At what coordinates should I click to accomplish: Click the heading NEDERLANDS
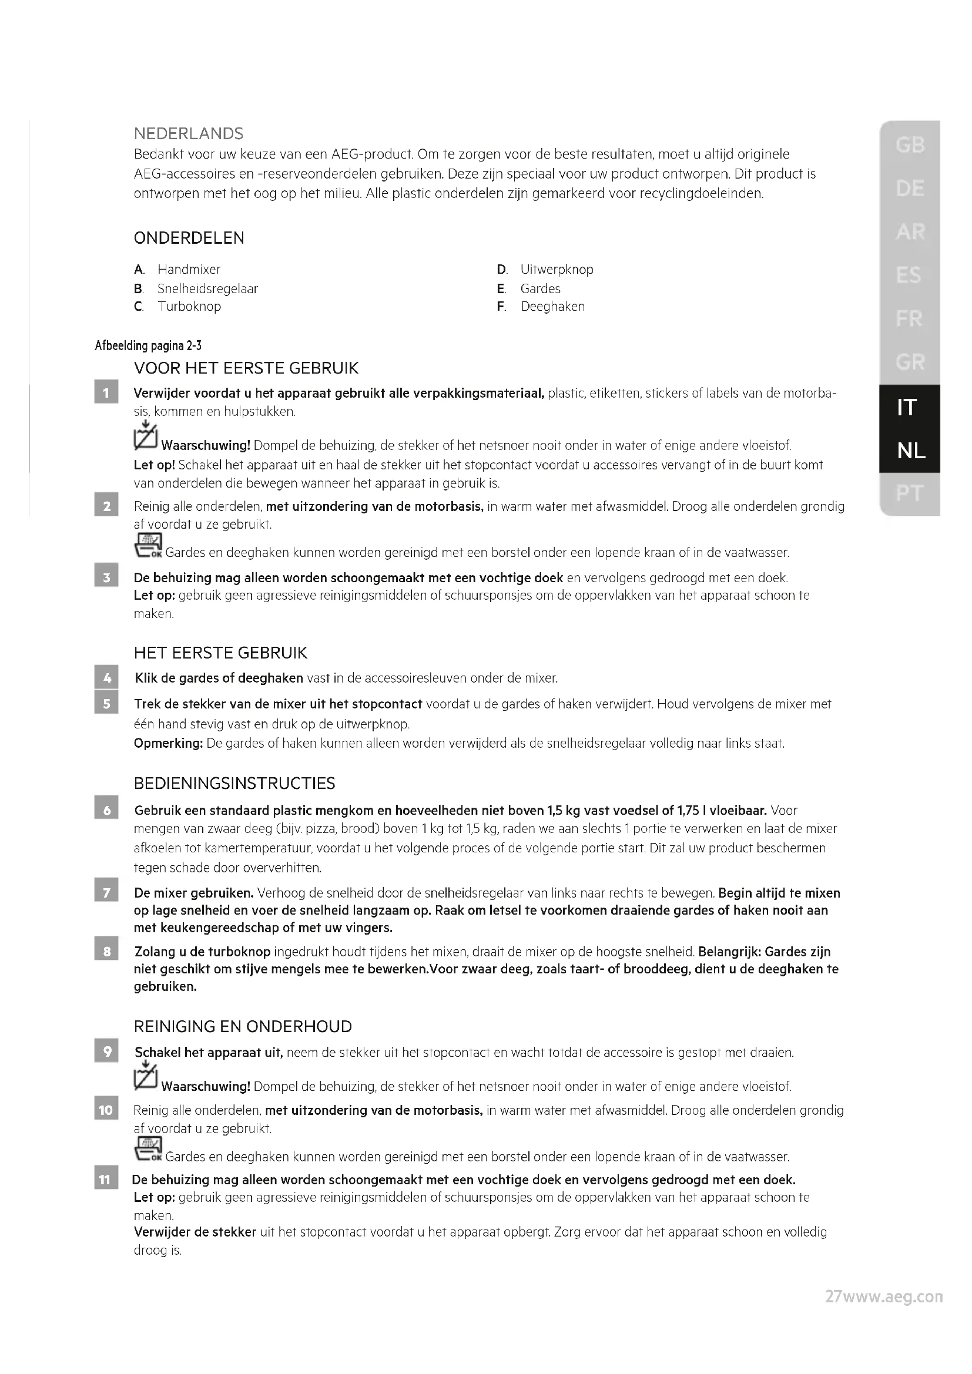tap(189, 133)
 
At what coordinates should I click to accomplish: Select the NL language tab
tap(910, 451)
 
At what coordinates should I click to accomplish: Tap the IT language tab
tap(907, 407)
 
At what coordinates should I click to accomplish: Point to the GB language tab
tap(910, 145)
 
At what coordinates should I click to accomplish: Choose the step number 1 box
tap(106, 393)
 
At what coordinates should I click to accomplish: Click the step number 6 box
tap(106, 810)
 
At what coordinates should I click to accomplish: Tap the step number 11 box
tap(106, 1180)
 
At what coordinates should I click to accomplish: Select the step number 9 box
tap(106, 1052)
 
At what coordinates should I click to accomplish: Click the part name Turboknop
tap(189, 307)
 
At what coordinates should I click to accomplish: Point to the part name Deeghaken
tap(552, 307)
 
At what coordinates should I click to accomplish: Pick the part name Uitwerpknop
tap(557, 269)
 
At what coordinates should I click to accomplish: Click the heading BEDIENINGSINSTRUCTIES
tap(234, 784)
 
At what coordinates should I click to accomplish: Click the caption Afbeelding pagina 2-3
tap(148, 345)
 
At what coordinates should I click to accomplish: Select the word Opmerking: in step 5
tap(168, 743)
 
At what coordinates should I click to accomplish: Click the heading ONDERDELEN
tap(189, 238)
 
